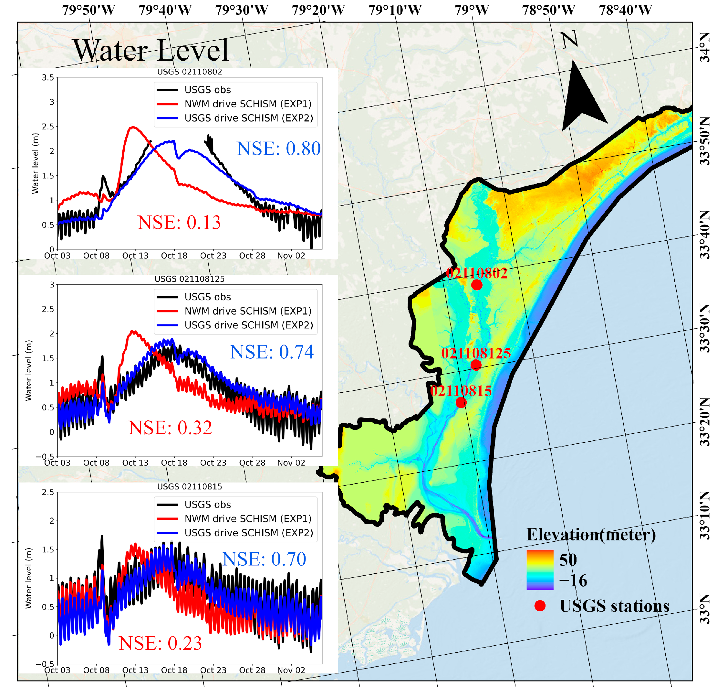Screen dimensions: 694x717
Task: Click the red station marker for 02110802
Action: [x=477, y=285]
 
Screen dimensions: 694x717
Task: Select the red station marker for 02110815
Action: [x=461, y=402]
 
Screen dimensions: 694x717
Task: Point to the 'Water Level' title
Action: [x=151, y=50]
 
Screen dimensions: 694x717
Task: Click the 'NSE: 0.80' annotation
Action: [x=279, y=148]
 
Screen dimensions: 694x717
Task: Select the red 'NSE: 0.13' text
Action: [x=179, y=222]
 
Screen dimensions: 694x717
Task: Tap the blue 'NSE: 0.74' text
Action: [x=272, y=352]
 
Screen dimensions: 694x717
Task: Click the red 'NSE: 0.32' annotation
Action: [x=170, y=427]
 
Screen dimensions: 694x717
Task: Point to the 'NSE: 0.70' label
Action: [x=264, y=559]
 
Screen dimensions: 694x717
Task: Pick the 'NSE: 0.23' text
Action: [x=160, y=643]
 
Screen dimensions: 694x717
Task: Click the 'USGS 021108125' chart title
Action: [x=190, y=279]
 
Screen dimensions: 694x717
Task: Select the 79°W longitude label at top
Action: [x=472, y=10]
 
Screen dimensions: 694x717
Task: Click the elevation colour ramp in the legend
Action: [x=540, y=570]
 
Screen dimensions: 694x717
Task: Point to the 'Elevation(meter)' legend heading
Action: [x=591, y=535]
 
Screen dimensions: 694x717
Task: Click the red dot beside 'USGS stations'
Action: [x=540, y=606]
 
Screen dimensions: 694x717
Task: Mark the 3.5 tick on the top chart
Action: [x=48, y=77]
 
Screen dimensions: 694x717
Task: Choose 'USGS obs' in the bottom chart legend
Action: [x=207, y=505]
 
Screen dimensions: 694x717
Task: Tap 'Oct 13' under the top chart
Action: [x=135, y=256]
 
